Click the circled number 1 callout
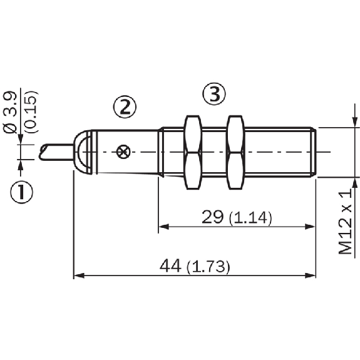(x=21, y=192)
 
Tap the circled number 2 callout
(x=125, y=107)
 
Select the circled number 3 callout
(x=214, y=94)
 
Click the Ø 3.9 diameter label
(x=11, y=113)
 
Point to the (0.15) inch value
(x=31, y=112)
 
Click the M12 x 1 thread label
(x=345, y=222)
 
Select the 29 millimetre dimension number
(x=212, y=217)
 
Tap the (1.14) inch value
(x=250, y=218)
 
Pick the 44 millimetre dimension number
(x=170, y=266)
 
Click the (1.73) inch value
(x=208, y=267)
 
